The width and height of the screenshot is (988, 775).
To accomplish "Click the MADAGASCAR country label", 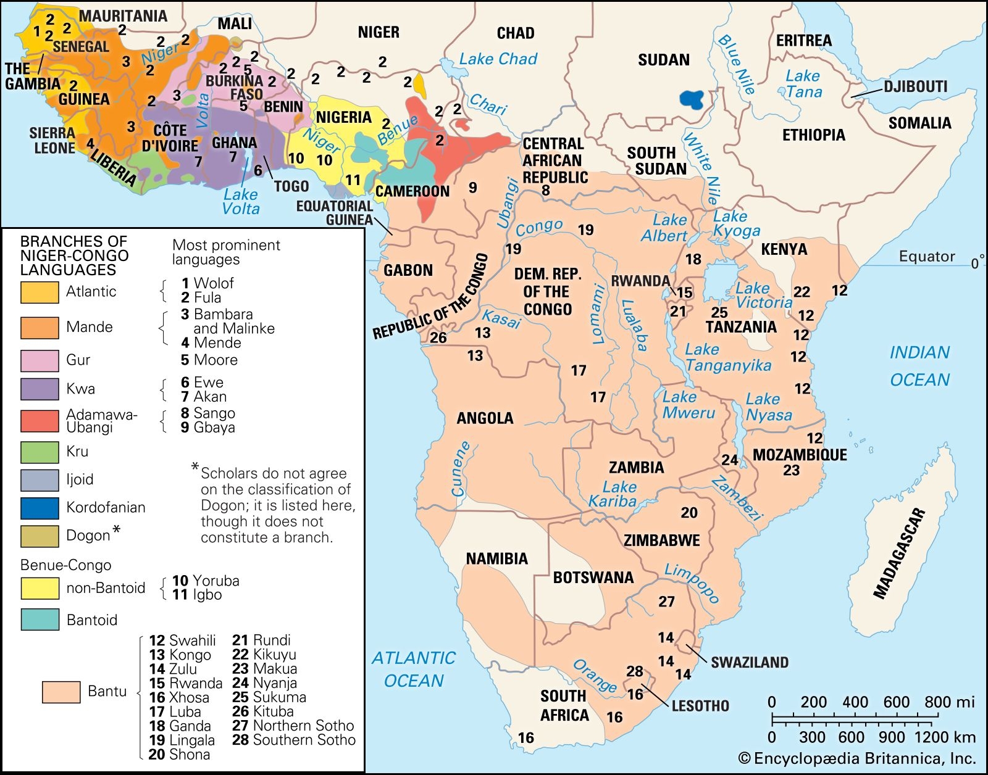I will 899,553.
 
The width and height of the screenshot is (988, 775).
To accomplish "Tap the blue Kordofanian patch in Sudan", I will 692,99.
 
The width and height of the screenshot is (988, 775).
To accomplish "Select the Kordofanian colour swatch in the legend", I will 40,507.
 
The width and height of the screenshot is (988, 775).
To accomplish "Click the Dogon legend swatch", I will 40,536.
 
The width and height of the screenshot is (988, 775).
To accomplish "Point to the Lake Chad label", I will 498,59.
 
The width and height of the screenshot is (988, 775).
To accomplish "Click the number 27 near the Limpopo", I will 666,601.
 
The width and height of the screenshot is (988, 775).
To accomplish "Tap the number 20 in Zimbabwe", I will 689,512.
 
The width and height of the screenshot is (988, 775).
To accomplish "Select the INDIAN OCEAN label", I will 919,366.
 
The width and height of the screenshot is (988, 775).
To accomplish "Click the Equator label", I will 926,256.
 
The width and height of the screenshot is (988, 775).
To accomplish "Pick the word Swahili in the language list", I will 192,640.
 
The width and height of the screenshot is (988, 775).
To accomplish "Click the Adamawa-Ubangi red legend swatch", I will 40,420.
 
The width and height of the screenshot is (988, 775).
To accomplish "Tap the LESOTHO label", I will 700,705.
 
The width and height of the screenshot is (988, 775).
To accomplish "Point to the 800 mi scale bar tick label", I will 949,702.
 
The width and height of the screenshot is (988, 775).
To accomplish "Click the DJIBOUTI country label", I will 915,86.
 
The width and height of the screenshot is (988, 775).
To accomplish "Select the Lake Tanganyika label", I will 727,357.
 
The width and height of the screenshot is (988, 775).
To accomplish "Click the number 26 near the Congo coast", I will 438,338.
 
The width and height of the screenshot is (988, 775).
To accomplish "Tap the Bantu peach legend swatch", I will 61,691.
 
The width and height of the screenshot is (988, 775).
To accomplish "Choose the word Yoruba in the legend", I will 216,581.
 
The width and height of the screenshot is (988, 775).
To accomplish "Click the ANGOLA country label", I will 485,418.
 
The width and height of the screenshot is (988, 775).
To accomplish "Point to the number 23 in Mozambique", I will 791,470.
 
